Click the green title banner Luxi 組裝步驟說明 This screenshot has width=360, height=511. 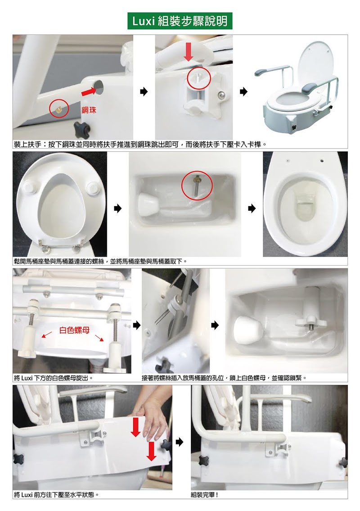180,21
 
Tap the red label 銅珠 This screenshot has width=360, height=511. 89,110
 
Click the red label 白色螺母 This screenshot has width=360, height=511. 74,330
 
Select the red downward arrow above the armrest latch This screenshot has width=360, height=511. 188,52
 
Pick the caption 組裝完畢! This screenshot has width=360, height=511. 205,495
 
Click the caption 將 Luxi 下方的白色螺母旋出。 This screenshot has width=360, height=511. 54,378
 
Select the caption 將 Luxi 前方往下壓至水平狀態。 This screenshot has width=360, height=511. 56,495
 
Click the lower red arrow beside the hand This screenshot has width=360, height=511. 151,452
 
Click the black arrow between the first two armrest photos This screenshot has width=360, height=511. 144,91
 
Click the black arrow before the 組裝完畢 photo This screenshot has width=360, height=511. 180,442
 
